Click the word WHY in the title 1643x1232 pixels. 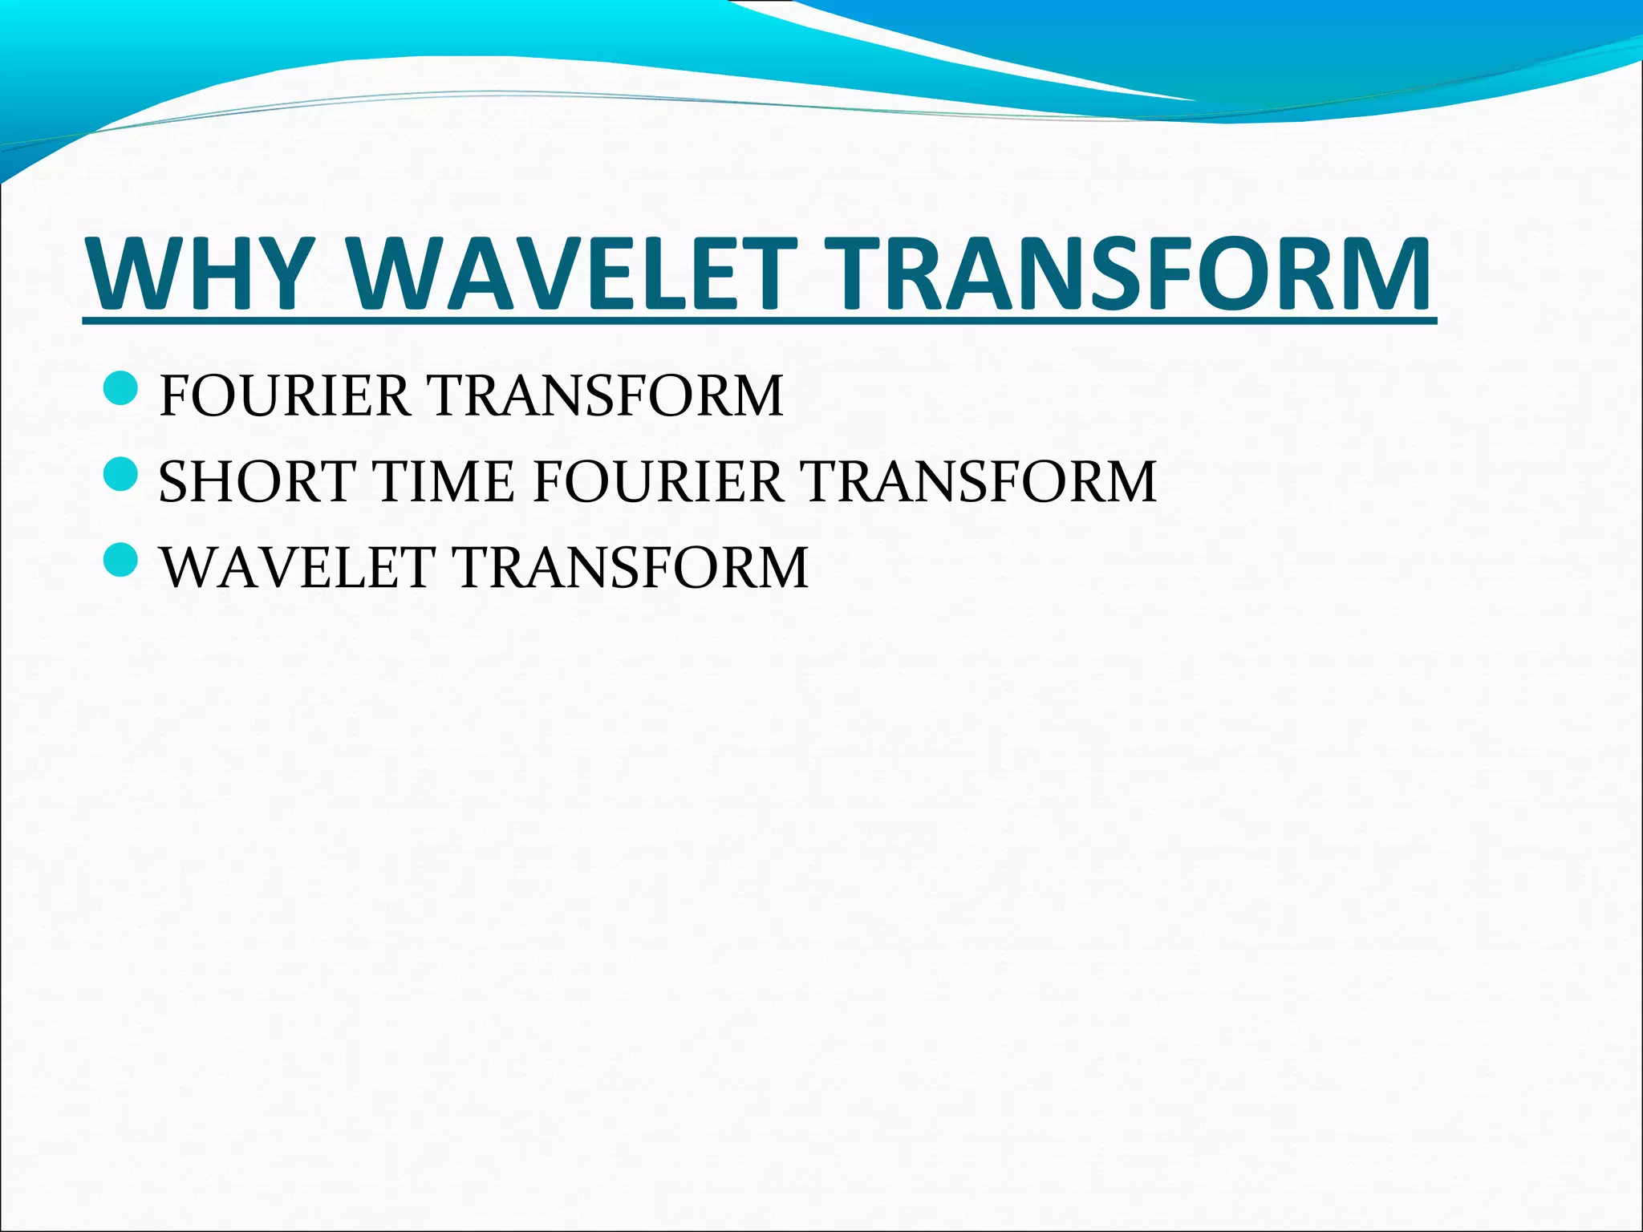click(x=201, y=274)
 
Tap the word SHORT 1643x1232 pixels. click(x=257, y=481)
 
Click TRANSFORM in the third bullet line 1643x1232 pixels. click(x=633, y=567)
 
